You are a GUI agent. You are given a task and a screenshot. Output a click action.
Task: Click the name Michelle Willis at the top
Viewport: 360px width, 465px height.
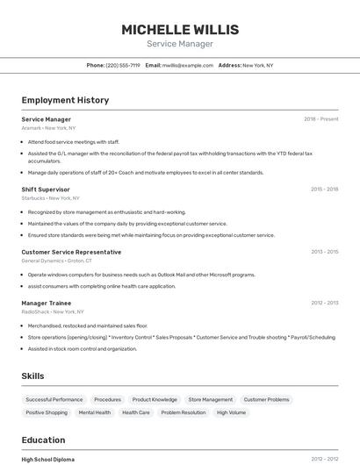180,30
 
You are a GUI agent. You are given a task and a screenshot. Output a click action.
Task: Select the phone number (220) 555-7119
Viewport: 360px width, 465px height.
122,65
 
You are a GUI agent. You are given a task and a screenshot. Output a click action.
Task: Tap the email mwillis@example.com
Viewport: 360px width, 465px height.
188,65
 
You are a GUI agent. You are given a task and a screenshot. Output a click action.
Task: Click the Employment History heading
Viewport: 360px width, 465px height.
65,100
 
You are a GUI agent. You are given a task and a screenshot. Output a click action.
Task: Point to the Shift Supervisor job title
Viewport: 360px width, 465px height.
46,190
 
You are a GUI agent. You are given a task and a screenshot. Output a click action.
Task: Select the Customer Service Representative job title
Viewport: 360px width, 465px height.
71,252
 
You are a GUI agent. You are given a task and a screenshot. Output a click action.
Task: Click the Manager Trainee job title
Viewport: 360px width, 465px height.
47,303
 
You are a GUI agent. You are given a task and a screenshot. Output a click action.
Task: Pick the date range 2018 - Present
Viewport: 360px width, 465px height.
320,119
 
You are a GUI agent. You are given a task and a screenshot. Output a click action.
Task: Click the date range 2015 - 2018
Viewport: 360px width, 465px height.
324,190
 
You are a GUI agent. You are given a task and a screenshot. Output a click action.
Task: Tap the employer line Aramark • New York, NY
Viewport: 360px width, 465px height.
48,128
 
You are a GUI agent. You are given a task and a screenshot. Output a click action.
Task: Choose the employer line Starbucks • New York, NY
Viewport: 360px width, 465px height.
51,198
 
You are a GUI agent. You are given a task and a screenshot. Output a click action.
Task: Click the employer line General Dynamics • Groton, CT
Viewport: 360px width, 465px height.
56,261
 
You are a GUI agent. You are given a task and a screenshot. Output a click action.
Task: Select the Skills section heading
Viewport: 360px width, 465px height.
32,376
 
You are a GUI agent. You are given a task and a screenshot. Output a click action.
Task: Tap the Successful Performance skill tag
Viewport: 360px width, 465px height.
54,399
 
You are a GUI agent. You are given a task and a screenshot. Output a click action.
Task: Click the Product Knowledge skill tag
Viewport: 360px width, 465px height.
155,399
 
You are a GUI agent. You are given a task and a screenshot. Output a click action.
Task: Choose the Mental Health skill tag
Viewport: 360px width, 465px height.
95,412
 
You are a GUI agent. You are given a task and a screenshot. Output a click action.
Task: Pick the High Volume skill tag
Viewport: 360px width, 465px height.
231,412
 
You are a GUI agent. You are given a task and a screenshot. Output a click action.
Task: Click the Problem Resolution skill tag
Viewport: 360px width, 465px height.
184,412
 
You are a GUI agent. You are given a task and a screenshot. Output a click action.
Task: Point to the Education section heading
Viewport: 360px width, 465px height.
43,440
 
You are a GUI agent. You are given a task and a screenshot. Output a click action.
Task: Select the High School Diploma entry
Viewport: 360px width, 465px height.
48,459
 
